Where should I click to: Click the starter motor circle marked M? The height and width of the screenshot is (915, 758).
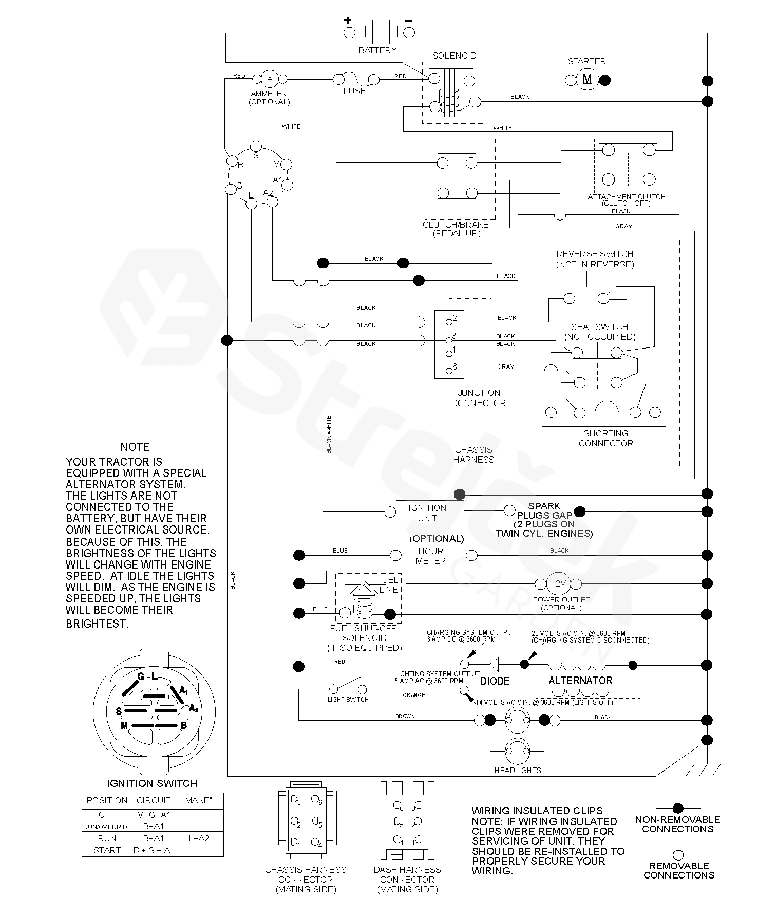click(588, 80)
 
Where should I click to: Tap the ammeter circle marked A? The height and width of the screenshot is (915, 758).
click(270, 79)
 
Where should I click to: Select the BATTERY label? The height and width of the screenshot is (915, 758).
click(377, 50)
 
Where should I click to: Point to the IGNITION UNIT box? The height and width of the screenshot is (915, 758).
click(430, 513)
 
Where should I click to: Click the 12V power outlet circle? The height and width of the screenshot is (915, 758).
click(558, 583)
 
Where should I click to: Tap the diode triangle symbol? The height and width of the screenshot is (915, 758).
click(494, 664)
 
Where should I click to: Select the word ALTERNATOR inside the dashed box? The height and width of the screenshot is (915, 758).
click(580, 681)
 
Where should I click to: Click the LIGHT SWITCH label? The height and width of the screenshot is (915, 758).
click(348, 699)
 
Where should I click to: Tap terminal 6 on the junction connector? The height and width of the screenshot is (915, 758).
click(449, 370)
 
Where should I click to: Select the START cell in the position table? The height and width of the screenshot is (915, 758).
click(107, 850)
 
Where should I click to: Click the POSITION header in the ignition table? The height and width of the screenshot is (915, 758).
click(107, 800)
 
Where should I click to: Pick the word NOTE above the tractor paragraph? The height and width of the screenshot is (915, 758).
click(135, 447)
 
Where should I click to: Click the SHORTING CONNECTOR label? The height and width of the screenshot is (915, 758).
click(606, 438)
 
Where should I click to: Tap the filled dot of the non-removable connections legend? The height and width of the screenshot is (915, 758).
click(678, 808)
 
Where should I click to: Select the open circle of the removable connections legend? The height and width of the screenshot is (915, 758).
click(678, 855)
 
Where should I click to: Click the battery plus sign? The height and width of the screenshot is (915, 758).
click(348, 21)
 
